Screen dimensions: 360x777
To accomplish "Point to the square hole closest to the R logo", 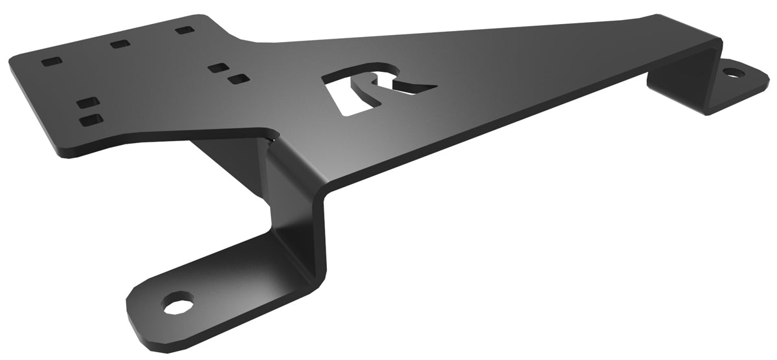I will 239,80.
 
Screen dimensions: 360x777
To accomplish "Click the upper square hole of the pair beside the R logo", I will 218,67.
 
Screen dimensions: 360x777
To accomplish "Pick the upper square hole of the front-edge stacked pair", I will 87,103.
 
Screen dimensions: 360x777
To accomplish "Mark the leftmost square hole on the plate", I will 51,62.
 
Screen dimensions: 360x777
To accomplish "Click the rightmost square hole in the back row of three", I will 185,30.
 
